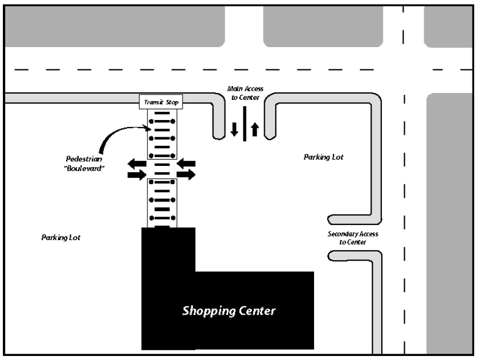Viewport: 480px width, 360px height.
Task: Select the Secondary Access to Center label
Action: [x=353, y=238]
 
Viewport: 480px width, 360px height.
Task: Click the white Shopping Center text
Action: [x=229, y=311]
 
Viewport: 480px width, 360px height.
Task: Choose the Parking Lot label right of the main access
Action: [x=323, y=157]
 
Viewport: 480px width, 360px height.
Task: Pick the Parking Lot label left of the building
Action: [x=60, y=237]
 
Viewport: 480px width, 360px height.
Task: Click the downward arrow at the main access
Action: [x=234, y=129]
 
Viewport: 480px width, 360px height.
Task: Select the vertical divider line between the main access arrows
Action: [x=245, y=123]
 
